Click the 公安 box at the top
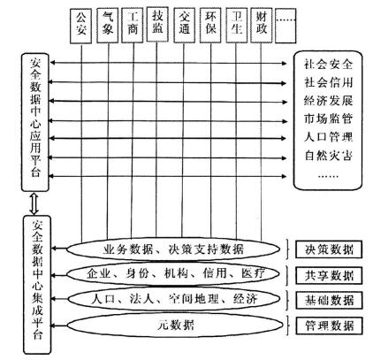pos(80,26)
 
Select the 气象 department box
pos(108,26)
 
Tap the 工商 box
pos(133,26)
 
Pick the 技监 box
pos(157,24)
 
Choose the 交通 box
pos(184,26)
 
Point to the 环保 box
pos(210,26)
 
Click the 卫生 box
pos(237,26)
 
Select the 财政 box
pos(262,26)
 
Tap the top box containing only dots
pos(285,26)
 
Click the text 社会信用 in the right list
pos(328,82)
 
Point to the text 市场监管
pos(328,119)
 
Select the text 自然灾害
pos(328,156)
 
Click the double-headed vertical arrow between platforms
pos(34,203)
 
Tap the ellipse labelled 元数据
pos(175,326)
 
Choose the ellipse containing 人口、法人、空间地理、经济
pos(174,300)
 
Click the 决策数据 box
pos(329,249)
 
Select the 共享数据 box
pos(329,275)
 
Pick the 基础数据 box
pos(329,301)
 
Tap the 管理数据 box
pos(329,326)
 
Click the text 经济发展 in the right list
pos(328,101)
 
